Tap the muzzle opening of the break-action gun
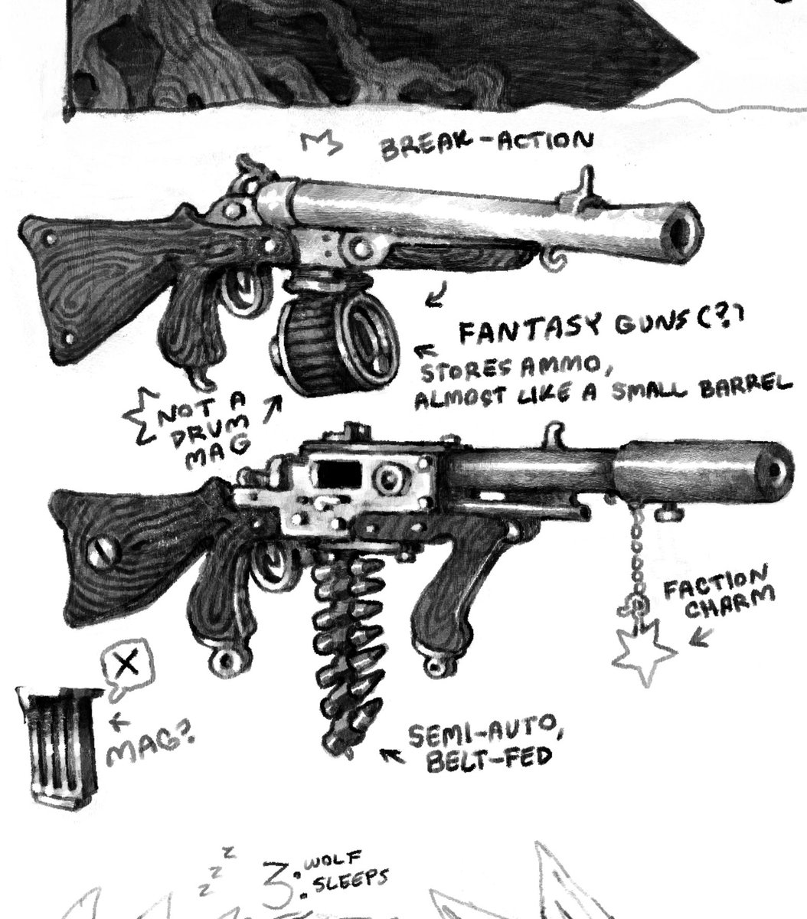(684, 224)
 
